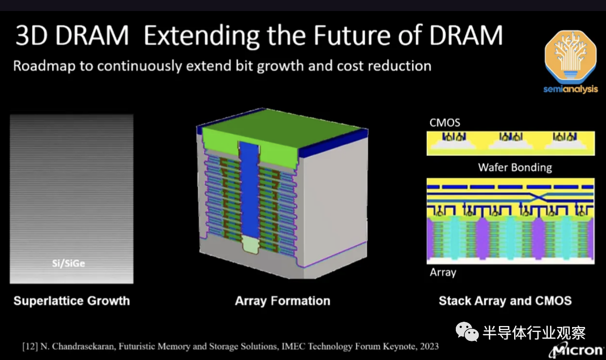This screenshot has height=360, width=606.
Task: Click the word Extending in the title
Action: point(201,36)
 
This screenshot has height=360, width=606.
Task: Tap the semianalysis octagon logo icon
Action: point(571,56)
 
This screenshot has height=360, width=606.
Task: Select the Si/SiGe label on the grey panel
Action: point(68,263)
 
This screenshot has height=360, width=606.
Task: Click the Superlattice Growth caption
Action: point(72,301)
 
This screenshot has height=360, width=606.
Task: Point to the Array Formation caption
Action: point(283,301)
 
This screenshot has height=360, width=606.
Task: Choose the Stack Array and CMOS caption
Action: point(505,301)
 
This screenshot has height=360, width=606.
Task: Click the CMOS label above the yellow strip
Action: point(445,122)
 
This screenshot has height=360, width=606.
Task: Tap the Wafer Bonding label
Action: point(515,167)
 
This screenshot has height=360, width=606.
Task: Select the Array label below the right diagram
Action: point(443,272)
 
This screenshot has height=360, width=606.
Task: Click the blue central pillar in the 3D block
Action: point(250,189)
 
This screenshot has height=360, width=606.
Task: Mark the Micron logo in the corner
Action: point(577,351)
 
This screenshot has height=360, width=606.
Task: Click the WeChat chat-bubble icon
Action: point(467,332)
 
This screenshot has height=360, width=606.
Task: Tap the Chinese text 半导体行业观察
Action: point(534,332)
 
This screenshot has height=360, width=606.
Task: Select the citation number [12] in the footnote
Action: point(30,346)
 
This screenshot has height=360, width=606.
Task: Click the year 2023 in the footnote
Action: point(429,346)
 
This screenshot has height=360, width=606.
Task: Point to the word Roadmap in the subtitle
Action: point(44,66)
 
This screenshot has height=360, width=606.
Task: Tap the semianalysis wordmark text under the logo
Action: point(571,89)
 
